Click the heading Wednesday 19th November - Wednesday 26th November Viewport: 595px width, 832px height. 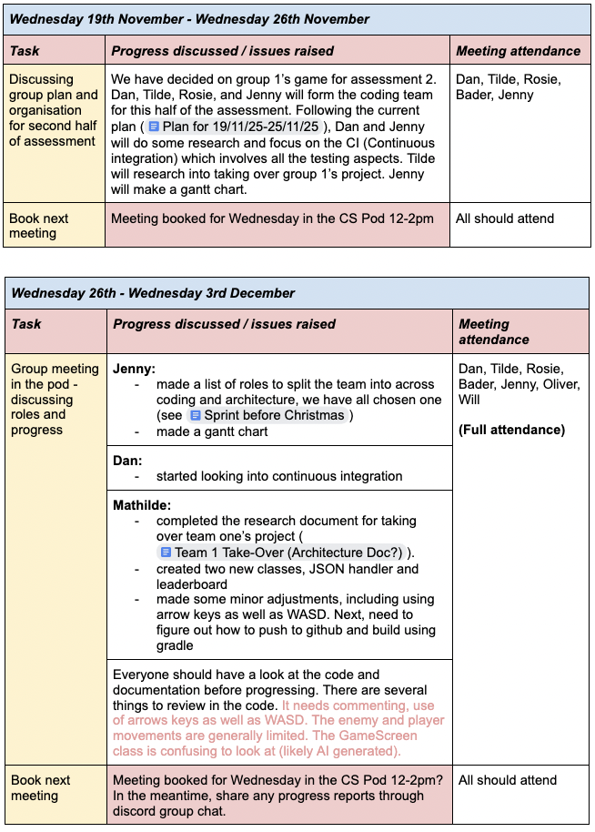point(190,19)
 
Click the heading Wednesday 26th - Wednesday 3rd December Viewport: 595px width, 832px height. point(153,293)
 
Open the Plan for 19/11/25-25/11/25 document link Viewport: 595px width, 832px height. point(239,127)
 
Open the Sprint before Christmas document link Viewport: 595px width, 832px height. point(267,415)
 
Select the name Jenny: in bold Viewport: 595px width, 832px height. point(134,370)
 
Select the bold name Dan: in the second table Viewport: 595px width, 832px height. point(127,461)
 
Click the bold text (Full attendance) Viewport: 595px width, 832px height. point(511,430)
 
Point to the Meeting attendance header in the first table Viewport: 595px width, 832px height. point(518,51)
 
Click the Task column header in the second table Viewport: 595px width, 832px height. point(26,324)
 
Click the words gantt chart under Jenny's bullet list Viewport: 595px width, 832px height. point(230,431)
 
